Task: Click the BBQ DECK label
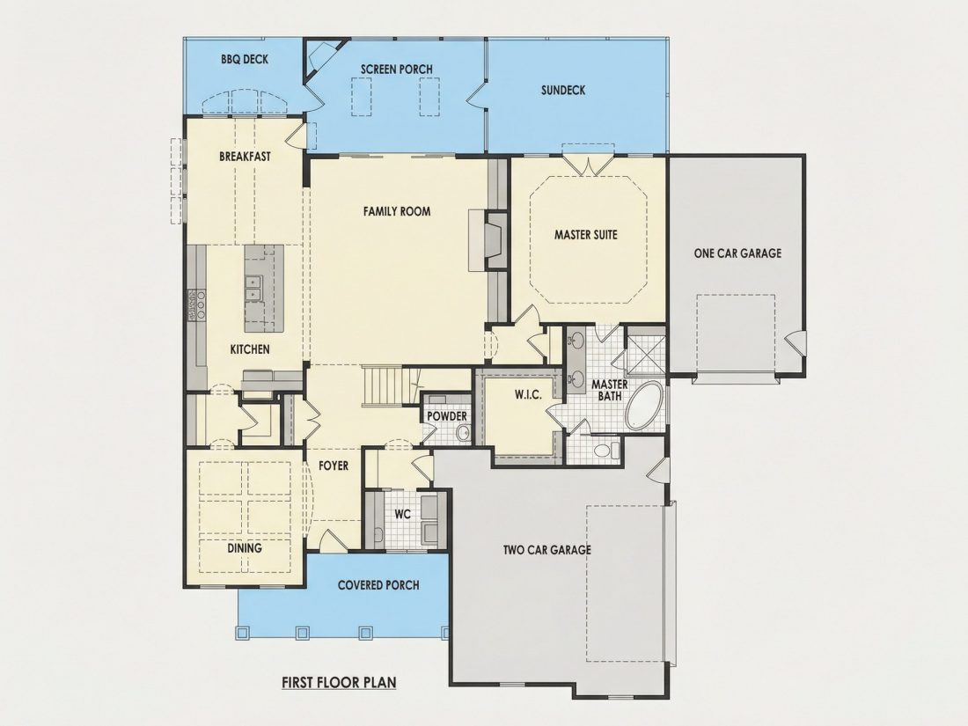[x=245, y=59]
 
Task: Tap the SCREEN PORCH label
[x=396, y=70]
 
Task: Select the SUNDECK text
[x=563, y=90]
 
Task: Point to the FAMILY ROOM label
[x=397, y=211]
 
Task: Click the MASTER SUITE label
[x=586, y=235]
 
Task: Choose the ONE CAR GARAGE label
[x=737, y=253]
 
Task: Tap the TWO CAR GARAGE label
[x=547, y=550]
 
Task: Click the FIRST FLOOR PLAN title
[x=339, y=683]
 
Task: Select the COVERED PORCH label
[x=378, y=585]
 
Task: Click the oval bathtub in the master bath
[x=645, y=407]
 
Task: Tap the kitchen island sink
[x=252, y=289]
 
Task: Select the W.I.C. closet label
[x=529, y=394]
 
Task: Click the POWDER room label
[x=447, y=417]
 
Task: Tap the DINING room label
[x=245, y=548]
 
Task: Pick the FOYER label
[x=334, y=466]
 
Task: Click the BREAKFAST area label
[x=246, y=157]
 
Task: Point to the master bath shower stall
[x=646, y=355]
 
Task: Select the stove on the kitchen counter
[x=195, y=305]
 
